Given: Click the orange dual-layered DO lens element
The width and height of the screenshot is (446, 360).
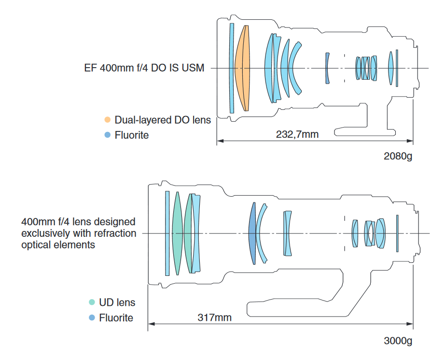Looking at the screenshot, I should pyautogui.click(x=242, y=68).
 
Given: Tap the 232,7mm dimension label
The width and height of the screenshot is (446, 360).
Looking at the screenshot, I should pyautogui.click(x=297, y=134).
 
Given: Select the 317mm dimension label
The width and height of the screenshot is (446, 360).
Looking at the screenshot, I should pyautogui.click(x=214, y=317).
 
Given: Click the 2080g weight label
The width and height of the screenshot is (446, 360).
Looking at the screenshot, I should pyautogui.click(x=398, y=157).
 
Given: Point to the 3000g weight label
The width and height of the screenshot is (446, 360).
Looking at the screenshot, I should pyautogui.click(x=398, y=341).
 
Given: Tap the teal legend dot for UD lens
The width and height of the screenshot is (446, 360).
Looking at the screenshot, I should pyautogui.click(x=92, y=302).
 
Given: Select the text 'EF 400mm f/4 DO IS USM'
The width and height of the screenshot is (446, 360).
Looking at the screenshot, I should pyautogui.click(x=144, y=68).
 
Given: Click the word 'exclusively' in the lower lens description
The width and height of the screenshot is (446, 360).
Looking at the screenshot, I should pyautogui.click(x=44, y=233).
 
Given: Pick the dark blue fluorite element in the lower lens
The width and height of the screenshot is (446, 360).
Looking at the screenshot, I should pyautogui.click(x=251, y=233).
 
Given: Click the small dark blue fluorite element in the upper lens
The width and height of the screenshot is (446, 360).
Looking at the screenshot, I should pyautogui.click(x=327, y=68).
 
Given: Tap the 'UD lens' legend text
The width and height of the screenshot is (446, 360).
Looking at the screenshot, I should pyautogui.click(x=117, y=302).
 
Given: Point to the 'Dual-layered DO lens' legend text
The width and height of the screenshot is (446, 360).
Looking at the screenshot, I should pyautogui.click(x=163, y=120).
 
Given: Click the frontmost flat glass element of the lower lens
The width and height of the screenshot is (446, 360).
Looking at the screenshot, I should pyautogui.click(x=167, y=233).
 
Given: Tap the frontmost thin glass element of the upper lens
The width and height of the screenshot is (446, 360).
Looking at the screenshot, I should pyautogui.click(x=232, y=68).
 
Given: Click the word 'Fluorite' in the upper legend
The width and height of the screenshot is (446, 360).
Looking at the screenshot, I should pyautogui.click(x=132, y=135).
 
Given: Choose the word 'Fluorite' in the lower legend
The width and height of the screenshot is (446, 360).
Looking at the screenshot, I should pyautogui.click(x=116, y=318).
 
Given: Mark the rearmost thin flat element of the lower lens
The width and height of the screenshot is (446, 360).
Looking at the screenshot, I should pyautogui.click(x=397, y=233).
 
